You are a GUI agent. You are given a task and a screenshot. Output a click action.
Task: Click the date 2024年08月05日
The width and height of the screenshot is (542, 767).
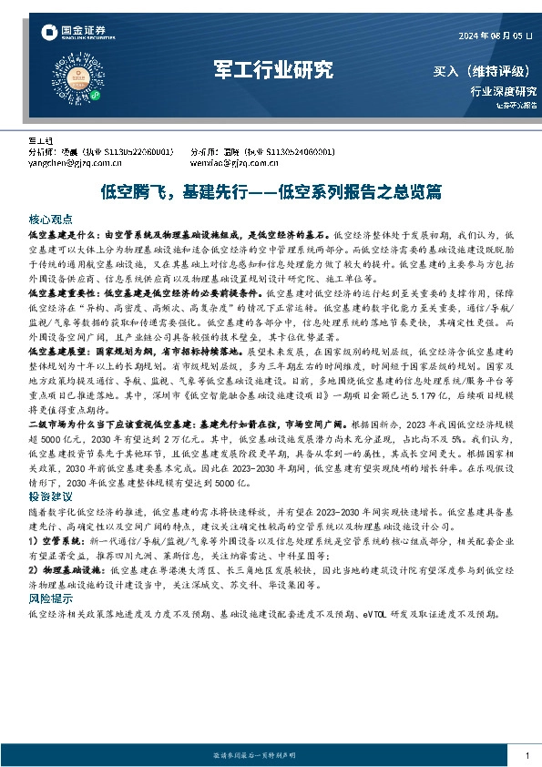[496, 36]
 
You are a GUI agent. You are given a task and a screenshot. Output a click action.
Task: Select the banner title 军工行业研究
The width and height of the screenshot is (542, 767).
[272, 70]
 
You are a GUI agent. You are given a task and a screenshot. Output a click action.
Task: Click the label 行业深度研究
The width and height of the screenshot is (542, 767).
[503, 91]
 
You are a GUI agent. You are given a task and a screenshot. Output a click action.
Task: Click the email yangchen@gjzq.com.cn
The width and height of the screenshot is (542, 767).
[77, 164]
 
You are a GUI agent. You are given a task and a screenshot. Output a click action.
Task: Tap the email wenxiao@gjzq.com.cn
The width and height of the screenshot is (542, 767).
[235, 164]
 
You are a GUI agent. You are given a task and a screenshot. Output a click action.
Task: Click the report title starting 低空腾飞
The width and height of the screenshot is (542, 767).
[271, 192]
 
